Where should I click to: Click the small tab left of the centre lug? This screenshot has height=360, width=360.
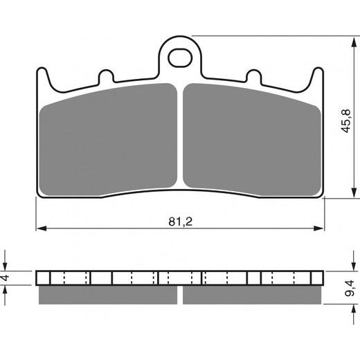coord(106,74)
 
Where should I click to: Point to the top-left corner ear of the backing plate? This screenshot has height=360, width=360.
coord(42,75)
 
